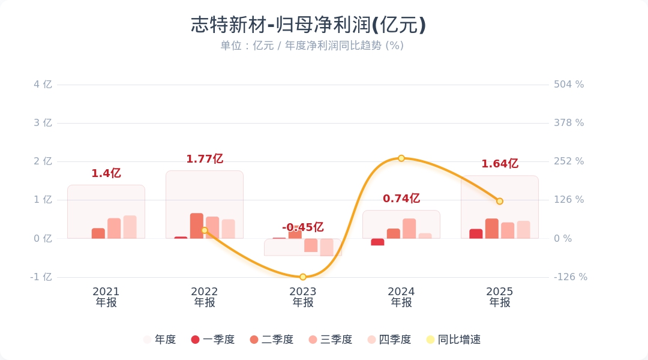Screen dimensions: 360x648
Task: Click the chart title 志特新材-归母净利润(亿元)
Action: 308,25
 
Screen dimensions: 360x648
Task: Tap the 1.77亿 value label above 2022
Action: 205,159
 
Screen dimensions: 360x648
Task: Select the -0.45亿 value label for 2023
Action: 303,227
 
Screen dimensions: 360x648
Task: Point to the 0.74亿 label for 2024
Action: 401,199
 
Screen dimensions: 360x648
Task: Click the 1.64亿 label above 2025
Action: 500,164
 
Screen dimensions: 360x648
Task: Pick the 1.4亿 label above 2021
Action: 106,173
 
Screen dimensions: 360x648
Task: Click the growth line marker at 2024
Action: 401,158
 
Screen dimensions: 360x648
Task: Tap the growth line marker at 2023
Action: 303,277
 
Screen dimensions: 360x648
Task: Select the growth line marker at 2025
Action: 500,201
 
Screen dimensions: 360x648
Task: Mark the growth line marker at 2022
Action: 205,230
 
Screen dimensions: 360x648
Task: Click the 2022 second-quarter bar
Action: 197,226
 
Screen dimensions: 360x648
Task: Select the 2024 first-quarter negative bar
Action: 377,242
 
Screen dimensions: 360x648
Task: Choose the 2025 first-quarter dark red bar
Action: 476,233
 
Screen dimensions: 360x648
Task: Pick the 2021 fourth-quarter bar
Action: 130,227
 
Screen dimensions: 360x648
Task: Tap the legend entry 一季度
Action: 212,340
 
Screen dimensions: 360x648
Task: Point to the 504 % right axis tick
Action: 568,85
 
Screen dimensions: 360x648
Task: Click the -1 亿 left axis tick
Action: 42,277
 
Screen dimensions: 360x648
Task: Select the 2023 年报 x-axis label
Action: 303,297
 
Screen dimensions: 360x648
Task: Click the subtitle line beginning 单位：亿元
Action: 311,46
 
